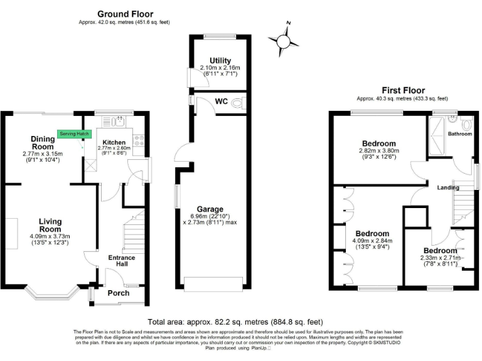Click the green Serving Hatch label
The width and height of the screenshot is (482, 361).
(x=75, y=133)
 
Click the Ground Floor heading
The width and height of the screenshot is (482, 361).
(x=125, y=14)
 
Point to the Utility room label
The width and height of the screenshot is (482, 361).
(x=211, y=61)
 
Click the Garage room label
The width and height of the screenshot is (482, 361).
(x=210, y=209)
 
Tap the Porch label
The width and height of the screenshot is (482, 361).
(x=119, y=293)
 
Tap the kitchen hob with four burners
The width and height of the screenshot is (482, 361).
(x=139, y=140)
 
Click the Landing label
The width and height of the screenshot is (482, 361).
(x=448, y=187)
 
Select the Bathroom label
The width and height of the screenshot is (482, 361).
(x=459, y=133)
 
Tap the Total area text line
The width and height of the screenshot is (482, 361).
(x=240, y=319)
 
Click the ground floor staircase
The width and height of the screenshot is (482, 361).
(x=135, y=232)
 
